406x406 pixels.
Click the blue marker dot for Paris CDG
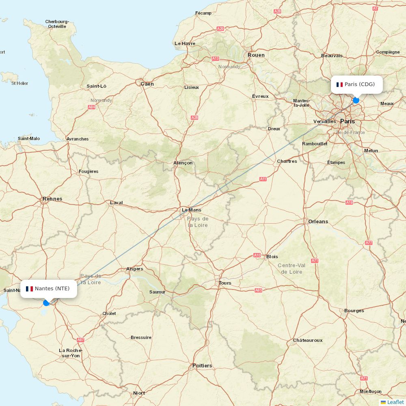click(356, 100)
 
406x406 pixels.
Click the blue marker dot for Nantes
click(46, 302)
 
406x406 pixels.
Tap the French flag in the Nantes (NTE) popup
click(29, 289)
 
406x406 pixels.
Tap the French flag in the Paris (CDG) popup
click(339, 84)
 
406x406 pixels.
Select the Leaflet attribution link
click(395, 402)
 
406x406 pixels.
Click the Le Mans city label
click(191, 210)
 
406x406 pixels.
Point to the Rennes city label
click(52, 199)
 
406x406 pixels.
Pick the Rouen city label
click(256, 55)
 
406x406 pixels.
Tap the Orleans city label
click(318, 221)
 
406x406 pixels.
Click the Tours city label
click(225, 283)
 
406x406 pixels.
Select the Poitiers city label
click(202, 365)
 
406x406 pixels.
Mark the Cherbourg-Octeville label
click(57, 24)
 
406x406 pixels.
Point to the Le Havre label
click(185, 43)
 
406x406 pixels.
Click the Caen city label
click(147, 84)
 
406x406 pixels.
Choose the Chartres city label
click(287, 161)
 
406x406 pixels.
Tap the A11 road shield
click(263, 179)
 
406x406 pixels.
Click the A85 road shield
click(259, 290)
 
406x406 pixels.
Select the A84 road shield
click(92, 107)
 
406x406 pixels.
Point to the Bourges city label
click(354, 311)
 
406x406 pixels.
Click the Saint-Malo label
click(29, 138)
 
